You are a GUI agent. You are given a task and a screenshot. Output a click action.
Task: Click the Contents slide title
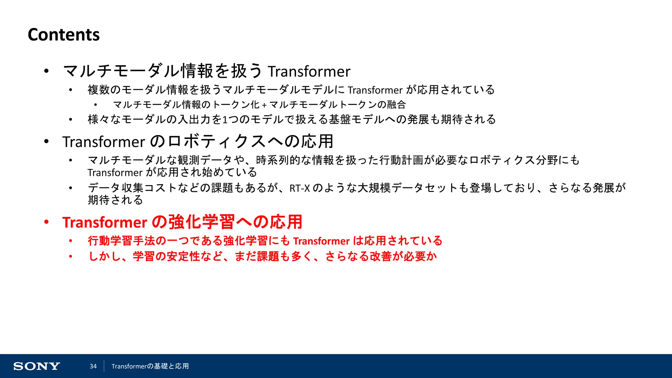[64, 34]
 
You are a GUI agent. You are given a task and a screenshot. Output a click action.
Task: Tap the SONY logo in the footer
[36, 366]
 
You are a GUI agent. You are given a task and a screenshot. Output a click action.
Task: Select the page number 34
[93, 366]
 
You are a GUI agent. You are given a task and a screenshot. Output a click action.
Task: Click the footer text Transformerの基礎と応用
[150, 366]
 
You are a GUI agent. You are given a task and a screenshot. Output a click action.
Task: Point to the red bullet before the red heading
[47, 222]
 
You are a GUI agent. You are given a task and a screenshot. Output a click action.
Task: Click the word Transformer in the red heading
[105, 222]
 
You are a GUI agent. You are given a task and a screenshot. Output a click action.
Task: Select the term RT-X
[300, 188]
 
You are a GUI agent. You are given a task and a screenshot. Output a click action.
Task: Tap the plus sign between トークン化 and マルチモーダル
[264, 105]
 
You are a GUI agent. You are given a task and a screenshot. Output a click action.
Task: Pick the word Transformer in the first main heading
[309, 72]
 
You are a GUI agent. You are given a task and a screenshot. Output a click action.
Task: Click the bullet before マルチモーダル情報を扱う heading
[47, 71]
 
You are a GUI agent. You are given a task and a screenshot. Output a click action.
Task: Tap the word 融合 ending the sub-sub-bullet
[396, 105]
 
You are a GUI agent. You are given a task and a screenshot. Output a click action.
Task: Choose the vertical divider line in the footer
[104, 366]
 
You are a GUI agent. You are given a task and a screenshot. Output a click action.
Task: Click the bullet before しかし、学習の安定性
[71, 256]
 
